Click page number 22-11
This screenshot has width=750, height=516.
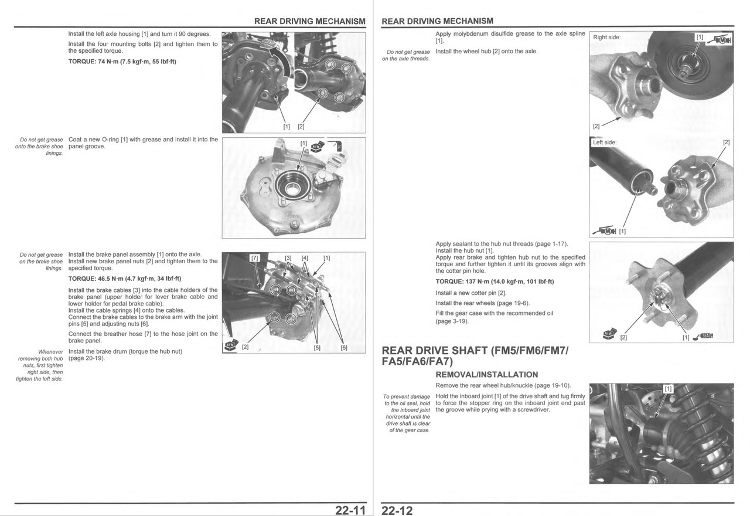[x=350, y=510]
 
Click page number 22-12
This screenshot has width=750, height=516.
[x=397, y=510]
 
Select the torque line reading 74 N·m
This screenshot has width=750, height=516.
[x=122, y=62]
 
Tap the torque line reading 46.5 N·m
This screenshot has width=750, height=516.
[x=125, y=279]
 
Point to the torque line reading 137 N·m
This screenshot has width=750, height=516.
[x=495, y=282]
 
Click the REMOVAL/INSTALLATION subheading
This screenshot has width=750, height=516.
[x=487, y=375]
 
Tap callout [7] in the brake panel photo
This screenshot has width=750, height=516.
[x=255, y=258]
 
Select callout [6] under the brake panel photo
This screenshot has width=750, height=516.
[x=344, y=348]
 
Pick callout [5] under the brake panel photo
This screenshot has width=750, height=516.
[x=317, y=348]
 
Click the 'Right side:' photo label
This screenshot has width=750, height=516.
[x=606, y=37]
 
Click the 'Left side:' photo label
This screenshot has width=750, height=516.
[x=605, y=142]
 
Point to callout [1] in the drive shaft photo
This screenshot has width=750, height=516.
[x=668, y=389]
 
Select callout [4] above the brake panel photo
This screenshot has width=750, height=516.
[x=305, y=258]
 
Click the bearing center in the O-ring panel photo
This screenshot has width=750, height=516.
[x=292, y=190]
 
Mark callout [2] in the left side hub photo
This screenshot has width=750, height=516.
[x=726, y=142]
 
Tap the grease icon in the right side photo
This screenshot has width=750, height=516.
[x=719, y=40]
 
